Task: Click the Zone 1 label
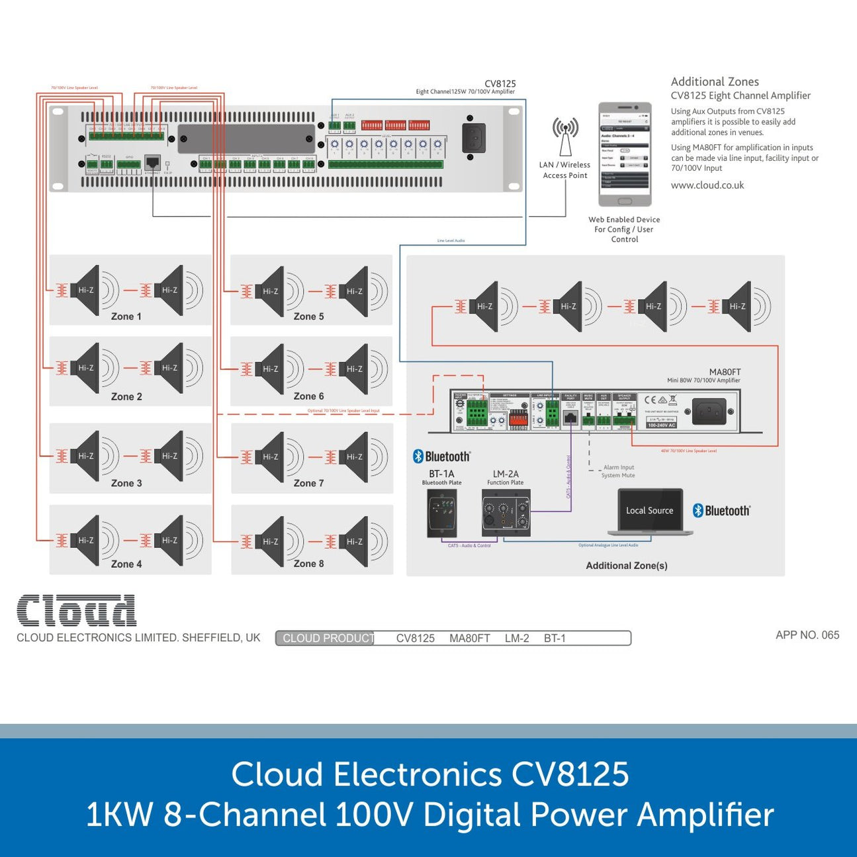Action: click(x=126, y=316)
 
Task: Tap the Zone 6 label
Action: click(x=308, y=396)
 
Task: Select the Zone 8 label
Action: click(x=308, y=564)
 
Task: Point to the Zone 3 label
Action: click(x=126, y=483)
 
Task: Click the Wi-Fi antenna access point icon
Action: click(x=565, y=136)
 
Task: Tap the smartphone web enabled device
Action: click(x=625, y=154)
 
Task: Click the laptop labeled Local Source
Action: click(x=650, y=511)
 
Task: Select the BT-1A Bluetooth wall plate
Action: click(x=441, y=512)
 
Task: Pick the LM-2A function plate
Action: click(x=506, y=513)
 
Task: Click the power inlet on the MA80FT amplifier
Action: click(x=709, y=411)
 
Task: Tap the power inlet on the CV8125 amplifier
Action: click(x=473, y=138)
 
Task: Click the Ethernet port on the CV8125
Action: click(x=152, y=162)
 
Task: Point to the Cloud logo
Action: click(x=76, y=610)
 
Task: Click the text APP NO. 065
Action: click(x=807, y=635)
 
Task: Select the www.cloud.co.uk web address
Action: click(x=707, y=185)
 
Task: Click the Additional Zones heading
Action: click(x=715, y=82)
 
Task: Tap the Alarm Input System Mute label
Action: click(x=618, y=471)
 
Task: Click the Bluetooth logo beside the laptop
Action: click(x=721, y=510)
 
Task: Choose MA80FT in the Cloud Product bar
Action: click(x=469, y=638)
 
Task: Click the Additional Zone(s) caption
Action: click(x=626, y=565)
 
